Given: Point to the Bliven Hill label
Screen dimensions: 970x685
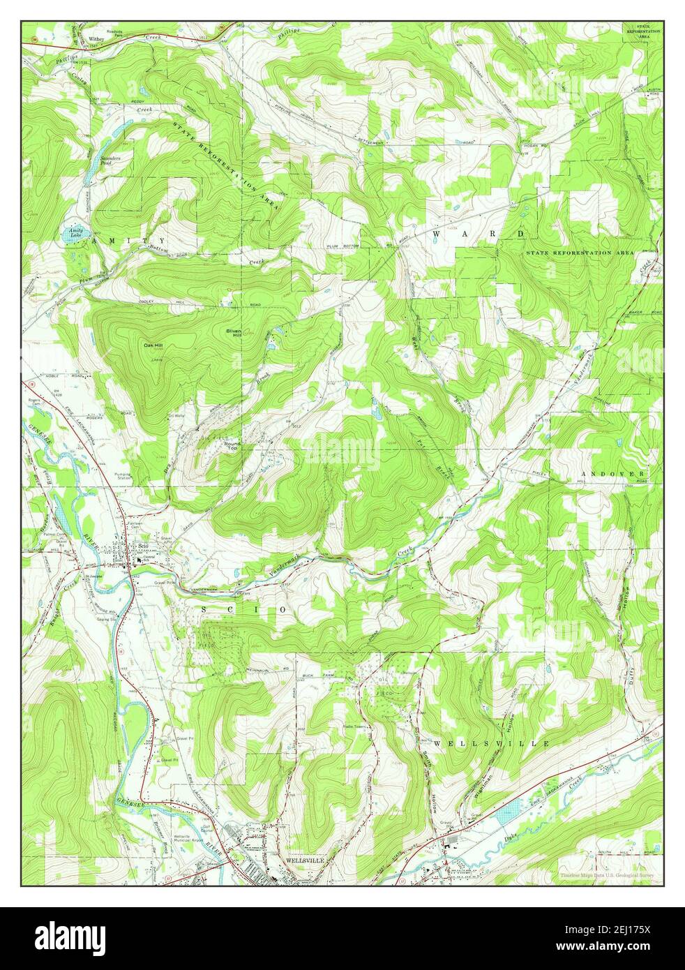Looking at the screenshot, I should pyautogui.click(x=232, y=334).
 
